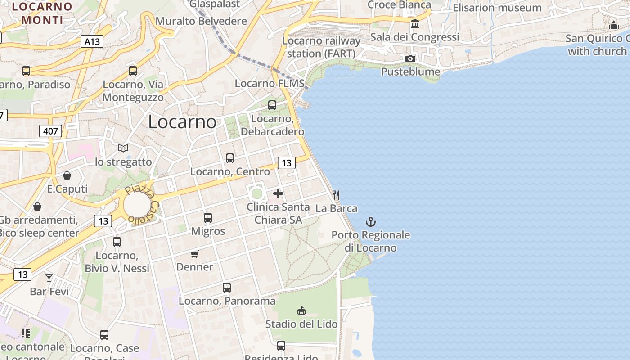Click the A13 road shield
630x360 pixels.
[x=92, y=42]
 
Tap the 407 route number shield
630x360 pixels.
[x=50, y=131]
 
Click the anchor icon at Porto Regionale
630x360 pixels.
[x=370, y=222]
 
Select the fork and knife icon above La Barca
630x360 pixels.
[x=336, y=195]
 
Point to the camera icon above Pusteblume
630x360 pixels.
[x=410, y=58]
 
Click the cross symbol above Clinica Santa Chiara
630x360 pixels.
[x=278, y=193]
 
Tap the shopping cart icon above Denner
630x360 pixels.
[x=194, y=254]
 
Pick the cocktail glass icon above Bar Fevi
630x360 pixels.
[x=49, y=278]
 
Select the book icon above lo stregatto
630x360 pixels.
[x=123, y=148]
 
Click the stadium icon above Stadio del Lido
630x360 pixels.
[x=301, y=310]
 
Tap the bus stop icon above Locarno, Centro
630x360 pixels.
[x=230, y=158]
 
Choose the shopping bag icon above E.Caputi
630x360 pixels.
[x=67, y=175]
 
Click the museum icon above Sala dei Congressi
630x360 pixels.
[x=415, y=23]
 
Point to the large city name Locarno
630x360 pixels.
[x=182, y=122]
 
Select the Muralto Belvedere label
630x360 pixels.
[x=201, y=21]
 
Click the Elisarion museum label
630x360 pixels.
[x=497, y=8]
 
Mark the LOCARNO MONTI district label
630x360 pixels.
[x=42, y=13]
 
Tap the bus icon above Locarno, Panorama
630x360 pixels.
[x=227, y=288]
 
